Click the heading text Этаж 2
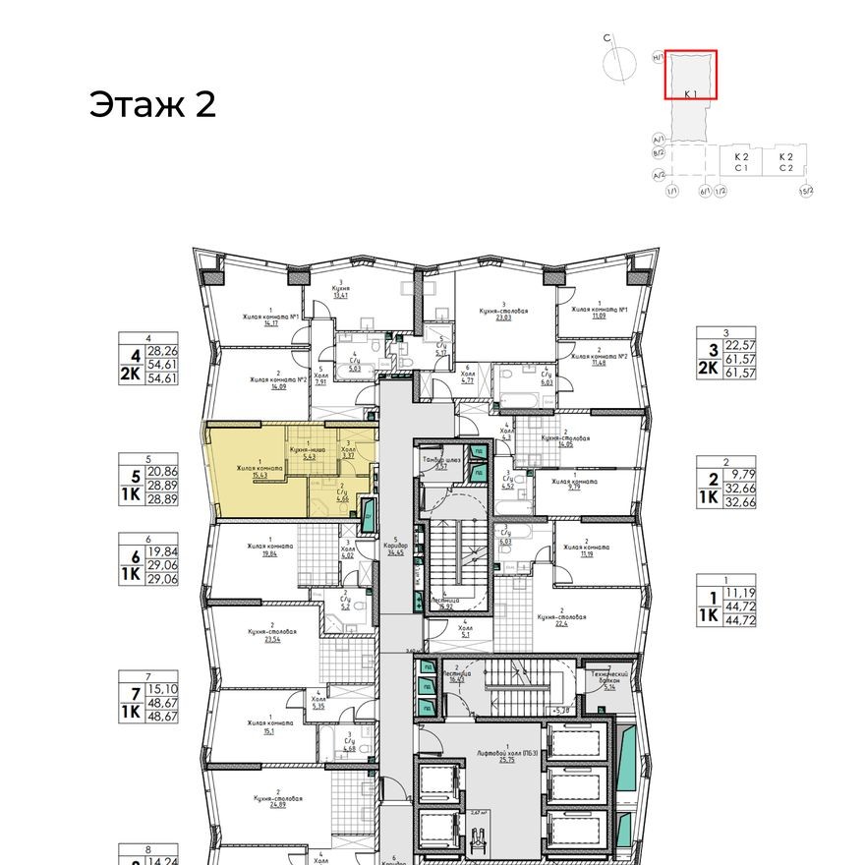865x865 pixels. (x=152, y=104)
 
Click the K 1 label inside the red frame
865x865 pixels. (x=690, y=92)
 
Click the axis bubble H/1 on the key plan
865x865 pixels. (x=657, y=58)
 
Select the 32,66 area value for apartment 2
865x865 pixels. (x=739, y=501)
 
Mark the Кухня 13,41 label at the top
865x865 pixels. (x=342, y=290)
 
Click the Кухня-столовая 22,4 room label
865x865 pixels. (x=561, y=619)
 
